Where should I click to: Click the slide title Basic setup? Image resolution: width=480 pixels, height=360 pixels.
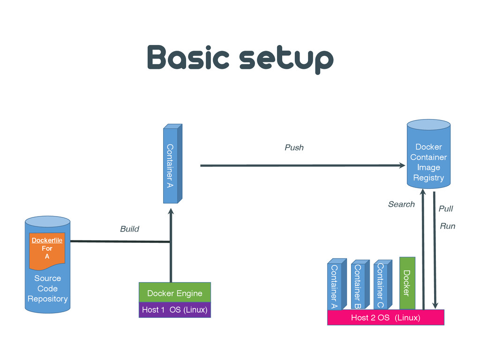(240, 59)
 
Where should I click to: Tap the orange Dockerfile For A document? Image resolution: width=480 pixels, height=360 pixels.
(47, 250)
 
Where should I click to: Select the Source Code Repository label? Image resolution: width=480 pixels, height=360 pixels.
(47, 288)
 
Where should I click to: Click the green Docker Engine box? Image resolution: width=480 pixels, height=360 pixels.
(175, 292)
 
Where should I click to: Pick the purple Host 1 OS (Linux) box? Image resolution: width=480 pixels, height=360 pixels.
(175, 310)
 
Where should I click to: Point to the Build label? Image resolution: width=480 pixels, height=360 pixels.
(129, 229)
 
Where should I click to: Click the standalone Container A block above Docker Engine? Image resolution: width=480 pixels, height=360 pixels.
(172, 164)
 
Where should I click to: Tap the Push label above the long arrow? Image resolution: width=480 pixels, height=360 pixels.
(294, 148)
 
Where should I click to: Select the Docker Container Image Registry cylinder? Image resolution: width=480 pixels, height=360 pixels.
(428, 154)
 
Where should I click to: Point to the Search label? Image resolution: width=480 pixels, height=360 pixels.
(401, 204)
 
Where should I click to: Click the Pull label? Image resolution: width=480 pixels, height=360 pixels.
(446, 209)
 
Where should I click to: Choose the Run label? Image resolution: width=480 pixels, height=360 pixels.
(448, 226)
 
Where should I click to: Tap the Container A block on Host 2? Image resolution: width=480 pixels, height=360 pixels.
(337, 284)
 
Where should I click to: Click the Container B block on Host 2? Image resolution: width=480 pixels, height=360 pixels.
(360, 284)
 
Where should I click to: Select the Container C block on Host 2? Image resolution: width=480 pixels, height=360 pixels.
(383, 285)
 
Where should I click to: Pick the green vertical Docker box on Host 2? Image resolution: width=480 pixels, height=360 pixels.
(407, 283)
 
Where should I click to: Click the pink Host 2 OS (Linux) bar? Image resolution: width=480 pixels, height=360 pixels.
(386, 317)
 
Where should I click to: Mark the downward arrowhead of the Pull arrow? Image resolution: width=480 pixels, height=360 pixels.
(435, 306)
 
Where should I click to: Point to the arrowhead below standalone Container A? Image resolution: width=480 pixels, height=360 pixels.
(171, 211)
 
